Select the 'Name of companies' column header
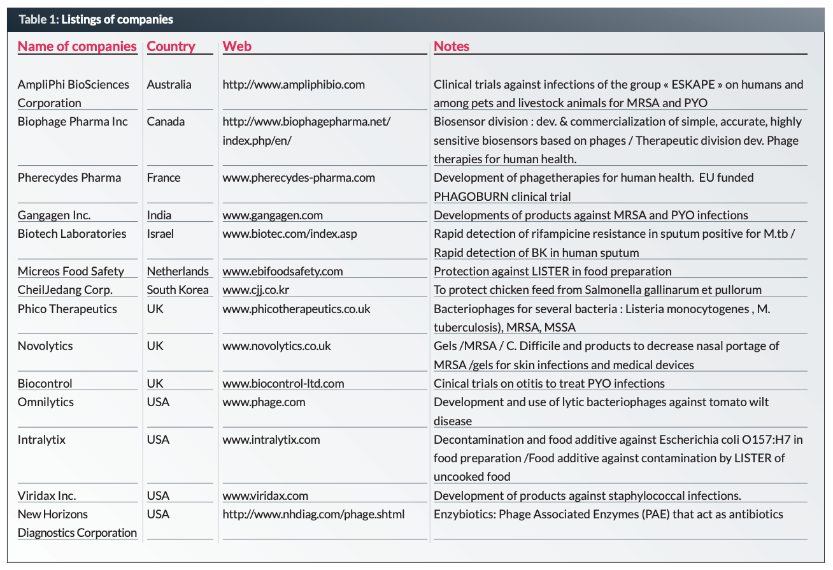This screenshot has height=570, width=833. pyautogui.click(x=77, y=46)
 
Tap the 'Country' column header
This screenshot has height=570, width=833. pyautogui.click(x=171, y=46)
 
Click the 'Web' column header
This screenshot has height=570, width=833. pyautogui.click(x=237, y=46)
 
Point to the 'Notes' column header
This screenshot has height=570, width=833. pyautogui.click(x=452, y=46)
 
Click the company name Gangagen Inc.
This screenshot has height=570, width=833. pyautogui.click(x=54, y=215)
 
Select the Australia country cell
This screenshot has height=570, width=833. pyautogui.click(x=169, y=84)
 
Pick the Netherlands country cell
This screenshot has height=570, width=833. pyautogui.click(x=178, y=271)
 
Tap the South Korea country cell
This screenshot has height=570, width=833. pyautogui.click(x=178, y=289)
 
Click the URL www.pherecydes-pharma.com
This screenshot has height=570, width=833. pyautogui.click(x=299, y=177)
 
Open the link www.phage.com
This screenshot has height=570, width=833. pyautogui.click(x=264, y=402)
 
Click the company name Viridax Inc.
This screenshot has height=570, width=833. pyautogui.click(x=47, y=495)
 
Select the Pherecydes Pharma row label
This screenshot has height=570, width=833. pyautogui.click(x=69, y=177)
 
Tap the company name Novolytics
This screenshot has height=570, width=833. pyautogui.click(x=45, y=346)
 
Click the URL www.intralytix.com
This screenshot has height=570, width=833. pyautogui.click(x=271, y=439)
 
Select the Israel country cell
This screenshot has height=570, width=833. pyautogui.click(x=160, y=233)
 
